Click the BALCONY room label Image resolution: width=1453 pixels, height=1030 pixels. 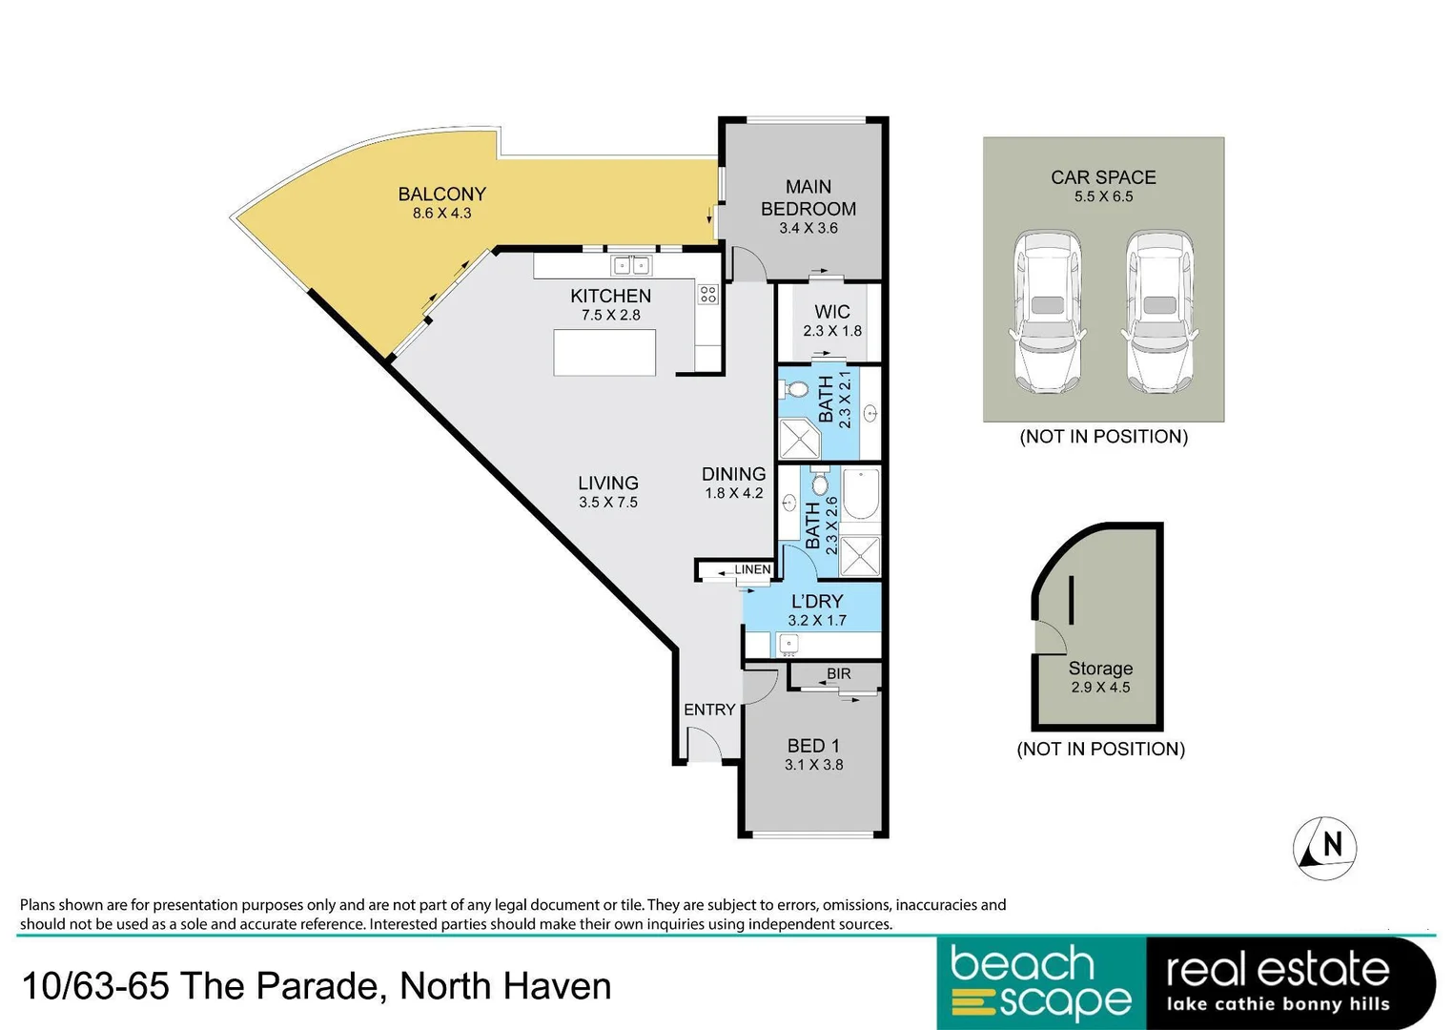[441, 194]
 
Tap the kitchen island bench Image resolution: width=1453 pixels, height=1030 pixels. [604, 352]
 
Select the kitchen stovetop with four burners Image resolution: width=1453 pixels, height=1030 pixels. [707, 294]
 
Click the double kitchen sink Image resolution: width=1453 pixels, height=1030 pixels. [630, 265]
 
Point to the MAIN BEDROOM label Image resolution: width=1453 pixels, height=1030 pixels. [808, 197]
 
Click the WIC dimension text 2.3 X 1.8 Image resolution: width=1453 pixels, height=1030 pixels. [831, 331]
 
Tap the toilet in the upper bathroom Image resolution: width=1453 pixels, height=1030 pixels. [794, 389]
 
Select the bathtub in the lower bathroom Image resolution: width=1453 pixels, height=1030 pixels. [860, 494]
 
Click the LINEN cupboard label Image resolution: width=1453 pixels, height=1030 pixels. [751, 569]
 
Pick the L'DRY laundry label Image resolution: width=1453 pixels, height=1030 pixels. [817, 601]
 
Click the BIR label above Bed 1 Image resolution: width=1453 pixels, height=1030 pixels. [838, 673]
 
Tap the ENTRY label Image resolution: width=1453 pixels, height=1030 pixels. [709, 710]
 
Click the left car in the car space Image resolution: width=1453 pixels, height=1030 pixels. [1048, 312]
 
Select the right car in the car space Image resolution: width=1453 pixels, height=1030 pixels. [1159, 312]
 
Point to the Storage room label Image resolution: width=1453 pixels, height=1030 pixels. [1100, 669]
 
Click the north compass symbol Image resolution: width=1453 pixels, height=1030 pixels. [1324, 847]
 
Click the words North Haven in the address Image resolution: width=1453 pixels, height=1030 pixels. [505, 986]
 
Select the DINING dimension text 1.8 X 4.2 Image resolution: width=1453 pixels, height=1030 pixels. [733, 494]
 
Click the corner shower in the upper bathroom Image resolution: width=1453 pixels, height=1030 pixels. [799, 439]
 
